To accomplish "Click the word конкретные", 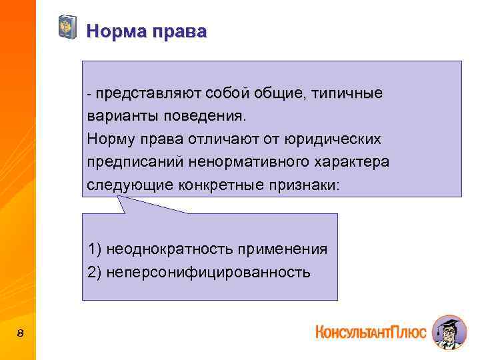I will (221, 185).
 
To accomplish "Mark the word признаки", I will (303, 185).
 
